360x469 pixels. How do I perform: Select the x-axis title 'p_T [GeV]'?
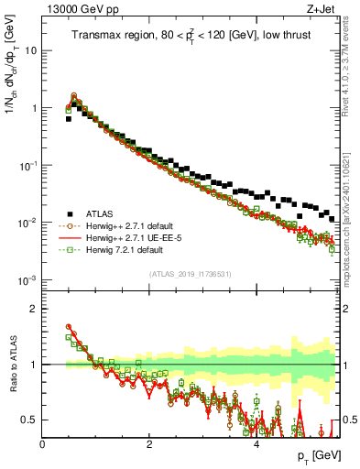pyautogui.click(x=317, y=455)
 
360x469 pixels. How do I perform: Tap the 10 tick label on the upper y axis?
pyautogui.click(x=29, y=51)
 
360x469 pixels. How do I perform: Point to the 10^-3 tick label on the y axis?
pyautogui.click(x=27, y=280)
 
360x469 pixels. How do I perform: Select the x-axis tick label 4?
pyautogui.click(x=256, y=443)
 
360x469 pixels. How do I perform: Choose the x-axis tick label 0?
pyautogui.click(x=43, y=443)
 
